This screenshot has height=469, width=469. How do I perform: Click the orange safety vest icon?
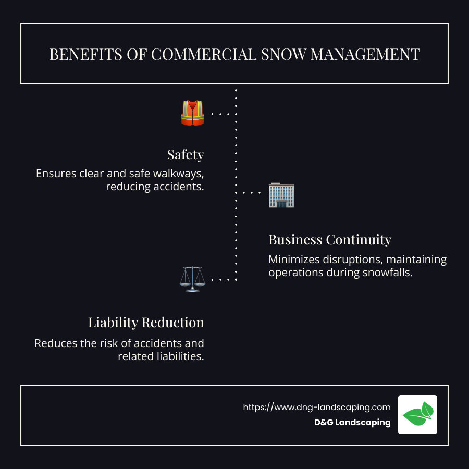tap(192, 113)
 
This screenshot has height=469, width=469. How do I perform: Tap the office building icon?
tap(281, 195)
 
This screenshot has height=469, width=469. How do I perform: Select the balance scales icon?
tap(192, 279)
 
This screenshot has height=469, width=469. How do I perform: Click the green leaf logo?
tap(418, 414)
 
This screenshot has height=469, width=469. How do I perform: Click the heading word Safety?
tap(185, 155)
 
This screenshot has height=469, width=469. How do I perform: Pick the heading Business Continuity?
tap(329, 240)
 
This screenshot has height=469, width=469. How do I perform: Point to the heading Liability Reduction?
tap(146, 323)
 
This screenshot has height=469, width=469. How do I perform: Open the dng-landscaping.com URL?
tap(316, 408)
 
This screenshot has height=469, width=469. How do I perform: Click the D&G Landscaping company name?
tap(352, 423)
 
